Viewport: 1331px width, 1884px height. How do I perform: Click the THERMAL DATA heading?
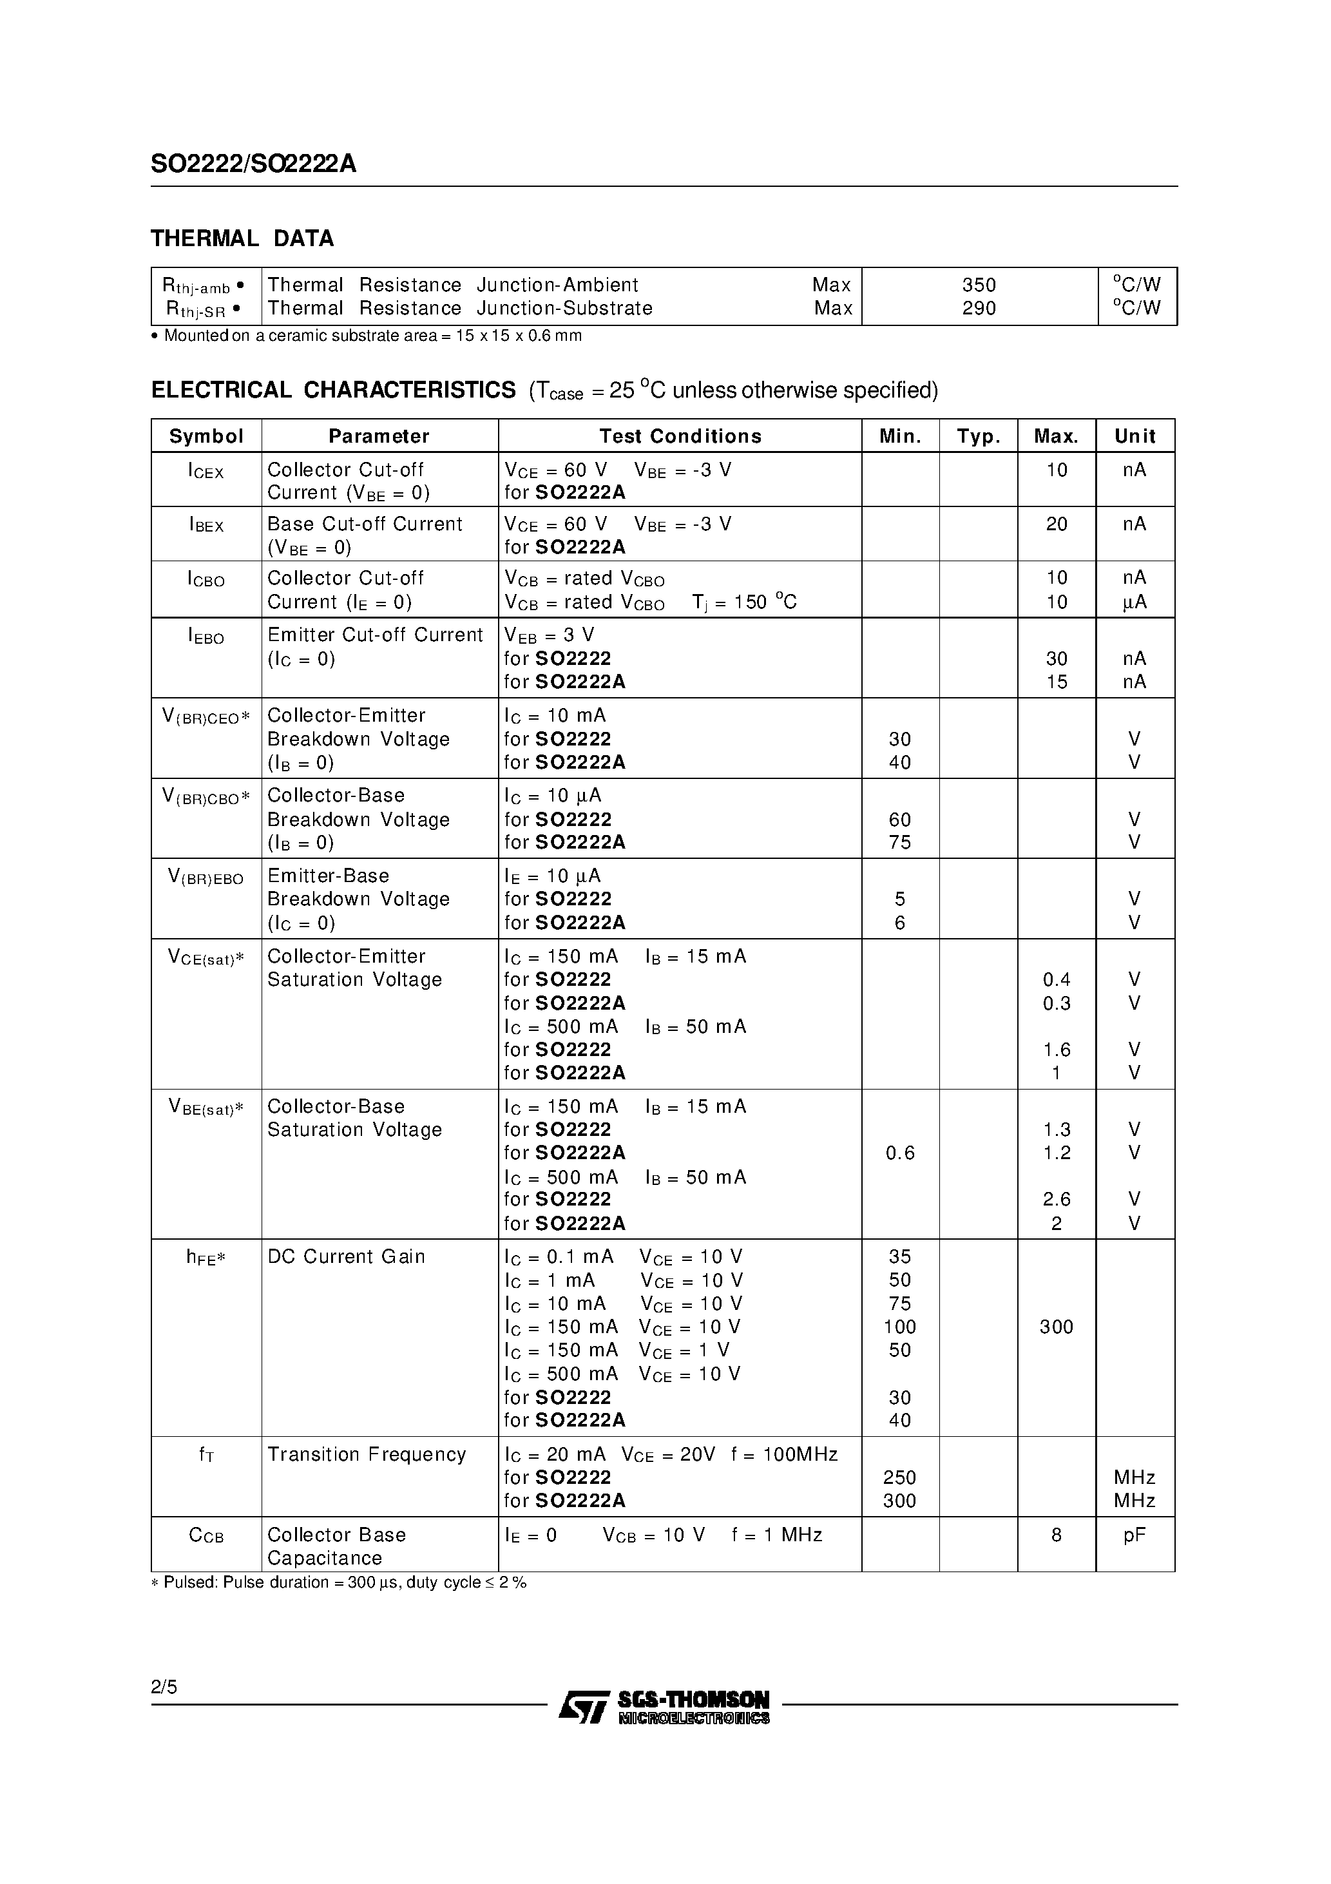pos(242,239)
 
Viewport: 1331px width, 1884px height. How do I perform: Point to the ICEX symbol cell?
pos(206,471)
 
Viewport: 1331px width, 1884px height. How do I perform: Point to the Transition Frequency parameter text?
pos(366,1454)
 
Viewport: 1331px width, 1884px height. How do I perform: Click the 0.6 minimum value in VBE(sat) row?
pos(899,1153)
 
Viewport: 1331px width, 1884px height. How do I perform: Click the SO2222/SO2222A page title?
pos(254,165)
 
